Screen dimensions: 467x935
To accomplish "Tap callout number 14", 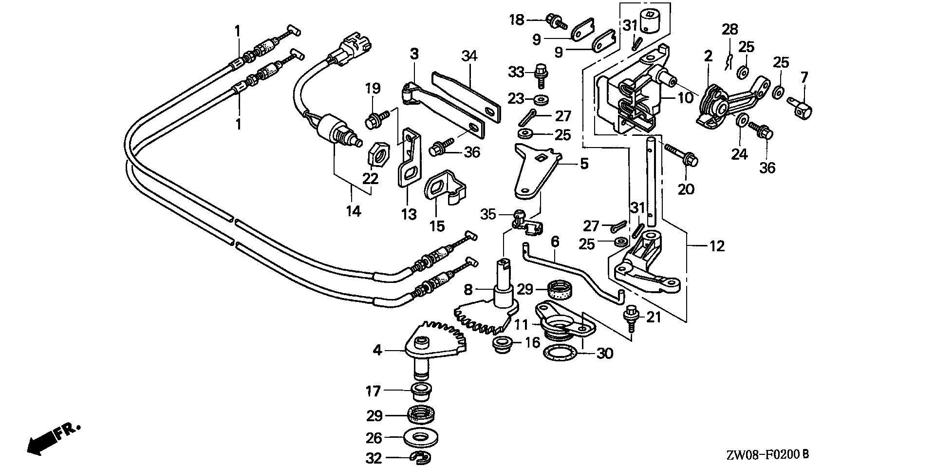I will (x=354, y=212).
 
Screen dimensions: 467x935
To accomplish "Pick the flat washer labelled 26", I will (x=420, y=436).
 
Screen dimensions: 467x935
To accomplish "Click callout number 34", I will (x=469, y=57).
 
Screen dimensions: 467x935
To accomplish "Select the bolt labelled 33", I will (x=541, y=75).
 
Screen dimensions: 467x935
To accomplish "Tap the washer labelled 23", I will (x=540, y=99).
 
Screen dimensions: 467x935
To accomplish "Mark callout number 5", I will (x=583, y=164).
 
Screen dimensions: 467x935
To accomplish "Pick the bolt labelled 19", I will (x=376, y=118).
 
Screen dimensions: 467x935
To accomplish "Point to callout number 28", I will (x=729, y=29).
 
